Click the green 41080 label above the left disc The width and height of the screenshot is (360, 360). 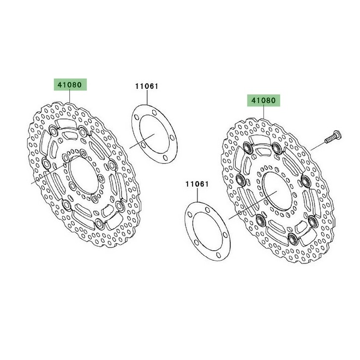click(x=69, y=85)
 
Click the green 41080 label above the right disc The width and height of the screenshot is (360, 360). click(x=265, y=100)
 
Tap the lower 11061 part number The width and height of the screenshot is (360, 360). click(x=197, y=184)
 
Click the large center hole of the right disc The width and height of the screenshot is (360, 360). click(x=275, y=191)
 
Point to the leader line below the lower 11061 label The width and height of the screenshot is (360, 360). click(x=197, y=195)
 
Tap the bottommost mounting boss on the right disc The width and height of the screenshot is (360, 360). click(x=293, y=239)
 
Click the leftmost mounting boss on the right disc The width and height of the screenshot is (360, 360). click(x=239, y=180)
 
